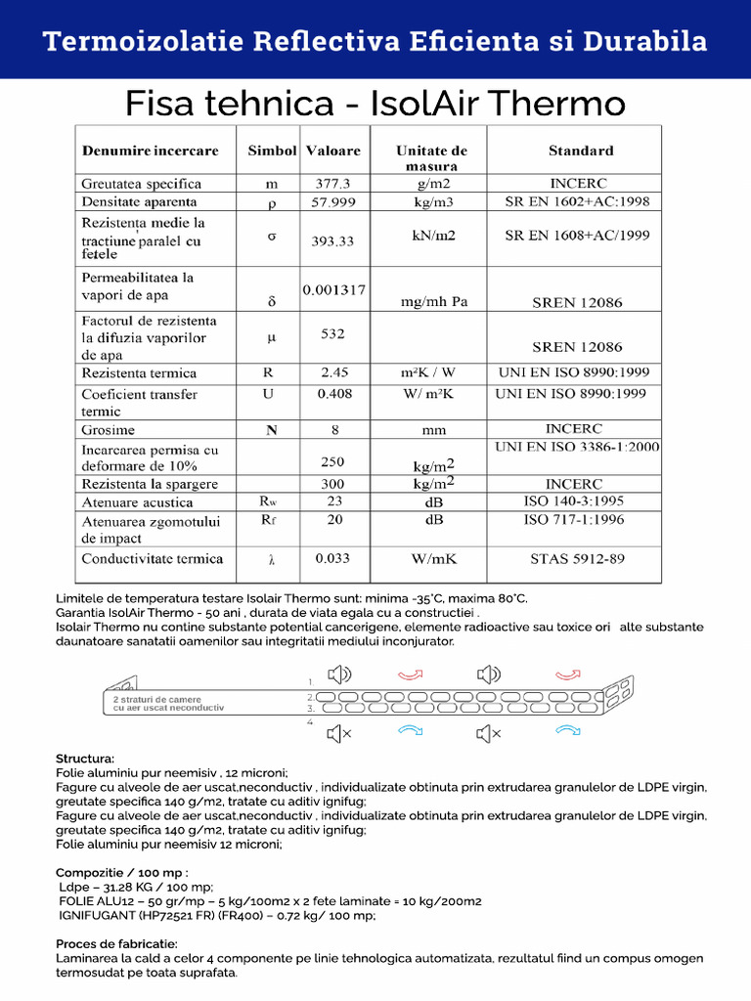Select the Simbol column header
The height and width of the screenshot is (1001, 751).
coord(272,151)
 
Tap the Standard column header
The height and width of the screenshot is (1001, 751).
coord(581,151)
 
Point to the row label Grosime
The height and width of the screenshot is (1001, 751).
coord(109,430)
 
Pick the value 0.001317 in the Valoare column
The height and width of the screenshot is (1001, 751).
coord(333,290)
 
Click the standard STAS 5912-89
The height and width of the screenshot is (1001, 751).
coord(577,559)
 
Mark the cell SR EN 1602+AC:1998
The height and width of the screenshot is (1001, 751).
coord(577,202)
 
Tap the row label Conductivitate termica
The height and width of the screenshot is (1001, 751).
coord(153,559)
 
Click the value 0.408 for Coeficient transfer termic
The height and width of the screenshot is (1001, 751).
coord(334,394)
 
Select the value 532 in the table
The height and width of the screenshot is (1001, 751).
coord(332,334)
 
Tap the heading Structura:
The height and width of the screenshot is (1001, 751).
coord(85,759)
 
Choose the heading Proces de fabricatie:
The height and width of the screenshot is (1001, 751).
coord(116,944)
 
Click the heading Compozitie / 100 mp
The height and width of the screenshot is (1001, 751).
coord(122,872)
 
